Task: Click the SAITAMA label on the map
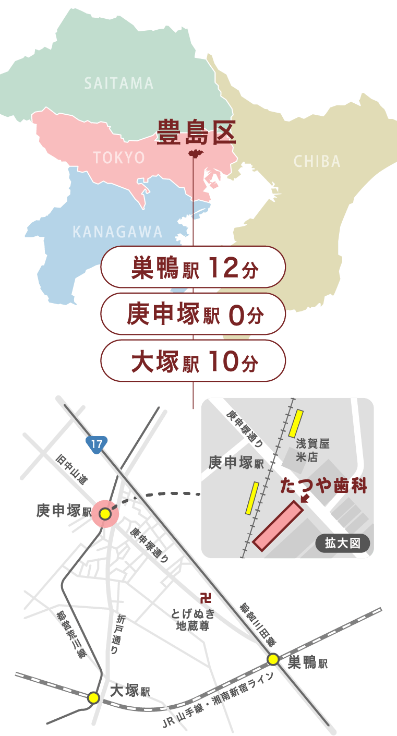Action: click(119, 83)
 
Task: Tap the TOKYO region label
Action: click(119, 158)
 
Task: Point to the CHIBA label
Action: click(317, 161)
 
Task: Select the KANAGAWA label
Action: click(118, 232)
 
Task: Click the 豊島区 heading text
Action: click(196, 132)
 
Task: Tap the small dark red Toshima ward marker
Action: click(194, 154)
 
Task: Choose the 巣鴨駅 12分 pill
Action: click(193, 267)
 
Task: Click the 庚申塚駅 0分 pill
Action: click(193, 314)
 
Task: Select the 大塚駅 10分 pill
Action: click(193, 361)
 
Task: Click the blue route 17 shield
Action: click(97, 444)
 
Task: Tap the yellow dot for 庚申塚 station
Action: click(105, 514)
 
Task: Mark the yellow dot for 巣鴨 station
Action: click(273, 659)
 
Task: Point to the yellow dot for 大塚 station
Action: click(93, 697)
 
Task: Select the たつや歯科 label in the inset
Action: click(323, 486)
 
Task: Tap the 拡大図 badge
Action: click(343, 543)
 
